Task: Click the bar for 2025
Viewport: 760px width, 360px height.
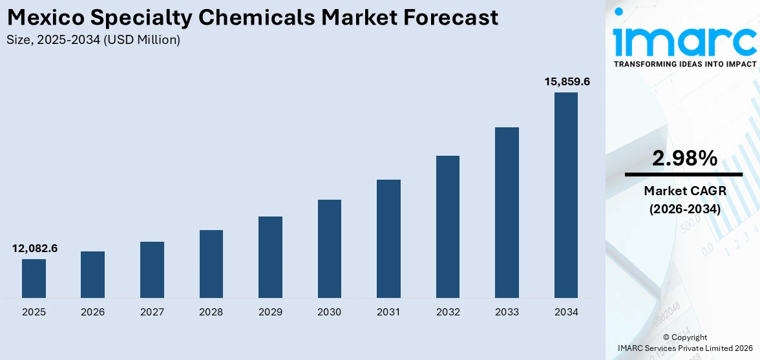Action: [x=34, y=279]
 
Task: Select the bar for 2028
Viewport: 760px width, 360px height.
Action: [x=211, y=264]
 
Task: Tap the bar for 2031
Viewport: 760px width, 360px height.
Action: [x=388, y=238]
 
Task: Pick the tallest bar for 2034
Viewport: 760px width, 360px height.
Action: [x=566, y=195]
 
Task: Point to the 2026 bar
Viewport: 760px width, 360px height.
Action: [x=92, y=275]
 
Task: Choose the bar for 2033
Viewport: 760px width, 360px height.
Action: [x=507, y=212]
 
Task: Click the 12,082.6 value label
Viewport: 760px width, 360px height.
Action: [x=35, y=248]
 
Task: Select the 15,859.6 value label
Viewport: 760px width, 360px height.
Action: [x=567, y=82]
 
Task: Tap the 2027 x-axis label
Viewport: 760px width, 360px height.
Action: [x=152, y=312]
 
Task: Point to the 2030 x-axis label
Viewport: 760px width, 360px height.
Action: [x=329, y=312]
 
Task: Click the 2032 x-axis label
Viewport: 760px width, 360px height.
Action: [x=448, y=312]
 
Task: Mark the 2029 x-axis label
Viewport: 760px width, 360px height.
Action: [x=270, y=312]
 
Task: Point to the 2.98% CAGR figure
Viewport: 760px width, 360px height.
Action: [x=684, y=158]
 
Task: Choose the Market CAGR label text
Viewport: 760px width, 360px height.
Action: [x=684, y=191]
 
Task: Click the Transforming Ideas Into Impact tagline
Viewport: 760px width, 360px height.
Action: [x=684, y=65]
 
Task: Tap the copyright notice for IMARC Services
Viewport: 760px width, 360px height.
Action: [x=684, y=348]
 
